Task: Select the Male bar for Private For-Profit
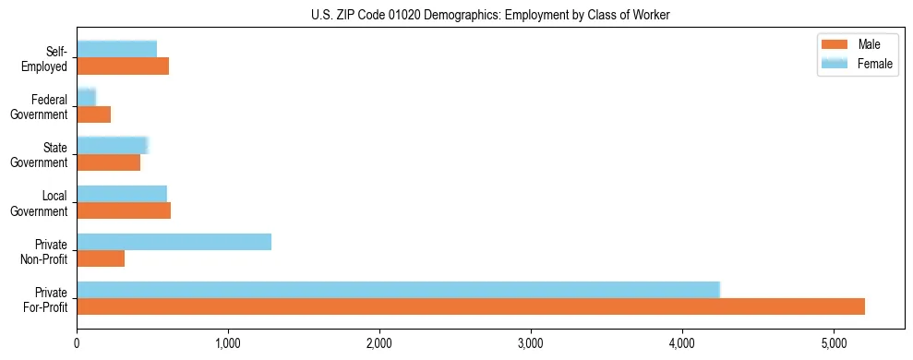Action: (471, 306)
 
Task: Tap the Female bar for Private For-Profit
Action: (398, 289)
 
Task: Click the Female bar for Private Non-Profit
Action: (174, 241)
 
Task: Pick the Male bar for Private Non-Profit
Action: (101, 258)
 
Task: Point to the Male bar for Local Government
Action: (124, 210)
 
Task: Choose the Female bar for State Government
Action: (112, 145)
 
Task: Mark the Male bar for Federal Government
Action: (93, 114)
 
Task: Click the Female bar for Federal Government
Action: (86, 97)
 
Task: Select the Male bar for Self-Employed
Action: (123, 66)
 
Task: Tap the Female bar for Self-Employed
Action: (116, 49)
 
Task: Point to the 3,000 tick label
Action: (531, 344)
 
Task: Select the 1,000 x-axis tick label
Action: (228, 344)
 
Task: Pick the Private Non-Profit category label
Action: (43, 251)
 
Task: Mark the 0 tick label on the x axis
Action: (77, 344)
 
